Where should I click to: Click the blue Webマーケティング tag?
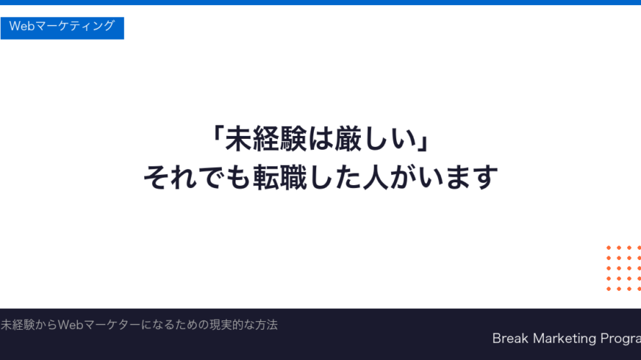tap(62, 27)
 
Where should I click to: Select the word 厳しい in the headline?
tap(377, 139)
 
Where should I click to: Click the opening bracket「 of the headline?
tap(215, 139)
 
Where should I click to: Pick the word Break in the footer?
tap(511, 338)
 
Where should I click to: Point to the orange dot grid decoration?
tap(623, 268)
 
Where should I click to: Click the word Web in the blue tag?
tap(22, 27)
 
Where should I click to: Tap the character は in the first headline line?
tap(315, 139)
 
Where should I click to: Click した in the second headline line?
tap(328, 176)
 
